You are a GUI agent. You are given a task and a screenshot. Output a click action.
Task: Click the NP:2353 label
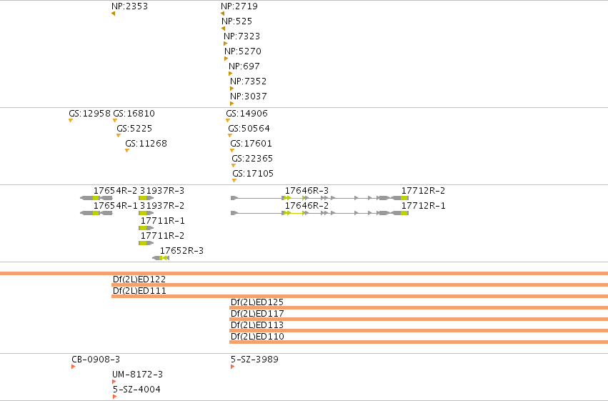[x=129, y=6]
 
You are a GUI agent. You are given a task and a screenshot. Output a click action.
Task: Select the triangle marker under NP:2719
[x=222, y=14]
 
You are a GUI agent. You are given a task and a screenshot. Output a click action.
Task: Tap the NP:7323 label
[x=242, y=36]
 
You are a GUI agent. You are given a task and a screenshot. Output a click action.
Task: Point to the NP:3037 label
[x=249, y=96]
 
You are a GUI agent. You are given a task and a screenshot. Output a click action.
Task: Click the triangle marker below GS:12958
[x=71, y=121]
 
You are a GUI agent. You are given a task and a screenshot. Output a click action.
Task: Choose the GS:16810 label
[x=134, y=114]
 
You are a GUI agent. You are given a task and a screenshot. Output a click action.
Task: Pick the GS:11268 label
[x=146, y=144]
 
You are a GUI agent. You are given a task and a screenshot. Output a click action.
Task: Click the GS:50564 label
[x=249, y=129]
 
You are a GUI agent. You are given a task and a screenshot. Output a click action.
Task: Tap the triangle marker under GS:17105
[x=234, y=181]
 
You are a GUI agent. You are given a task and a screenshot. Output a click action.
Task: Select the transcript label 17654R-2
[x=116, y=191]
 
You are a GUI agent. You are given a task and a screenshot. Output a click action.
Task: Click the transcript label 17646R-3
[x=307, y=191]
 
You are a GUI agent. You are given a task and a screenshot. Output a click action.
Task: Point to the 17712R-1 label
[x=424, y=206]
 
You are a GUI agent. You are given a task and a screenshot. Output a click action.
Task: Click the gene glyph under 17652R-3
[x=161, y=258]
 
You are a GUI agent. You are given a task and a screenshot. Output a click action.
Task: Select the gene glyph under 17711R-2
[x=146, y=243]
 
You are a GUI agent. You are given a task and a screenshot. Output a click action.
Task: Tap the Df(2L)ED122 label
[x=139, y=279]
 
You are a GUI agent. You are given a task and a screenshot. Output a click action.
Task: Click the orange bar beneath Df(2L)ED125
[x=419, y=308]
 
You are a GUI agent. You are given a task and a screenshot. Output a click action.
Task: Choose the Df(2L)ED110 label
[x=257, y=337]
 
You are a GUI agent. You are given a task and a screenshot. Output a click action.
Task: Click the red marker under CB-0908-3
[x=74, y=367]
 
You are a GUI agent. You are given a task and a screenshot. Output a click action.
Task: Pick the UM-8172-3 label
[x=138, y=375]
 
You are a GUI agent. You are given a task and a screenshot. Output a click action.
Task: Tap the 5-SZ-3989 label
[x=255, y=360]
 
